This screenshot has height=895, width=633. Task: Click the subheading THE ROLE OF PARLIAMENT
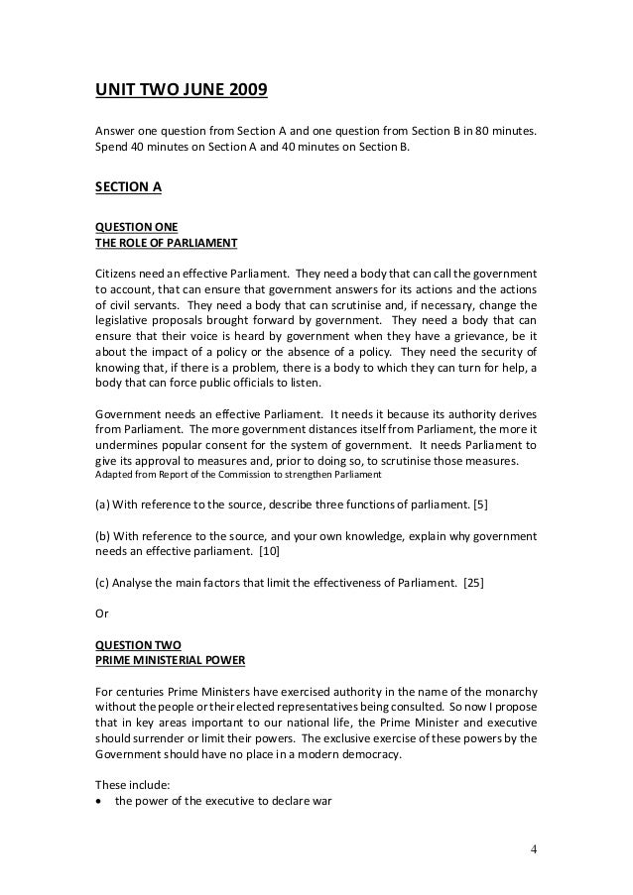click(x=166, y=241)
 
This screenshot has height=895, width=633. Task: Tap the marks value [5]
click(x=480, y=505)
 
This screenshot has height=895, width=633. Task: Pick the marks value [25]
click(x=474, y=584)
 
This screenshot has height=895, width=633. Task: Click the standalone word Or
click(x=100, y=613)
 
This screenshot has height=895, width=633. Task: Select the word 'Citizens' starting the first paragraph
click(x=117, y=272)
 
